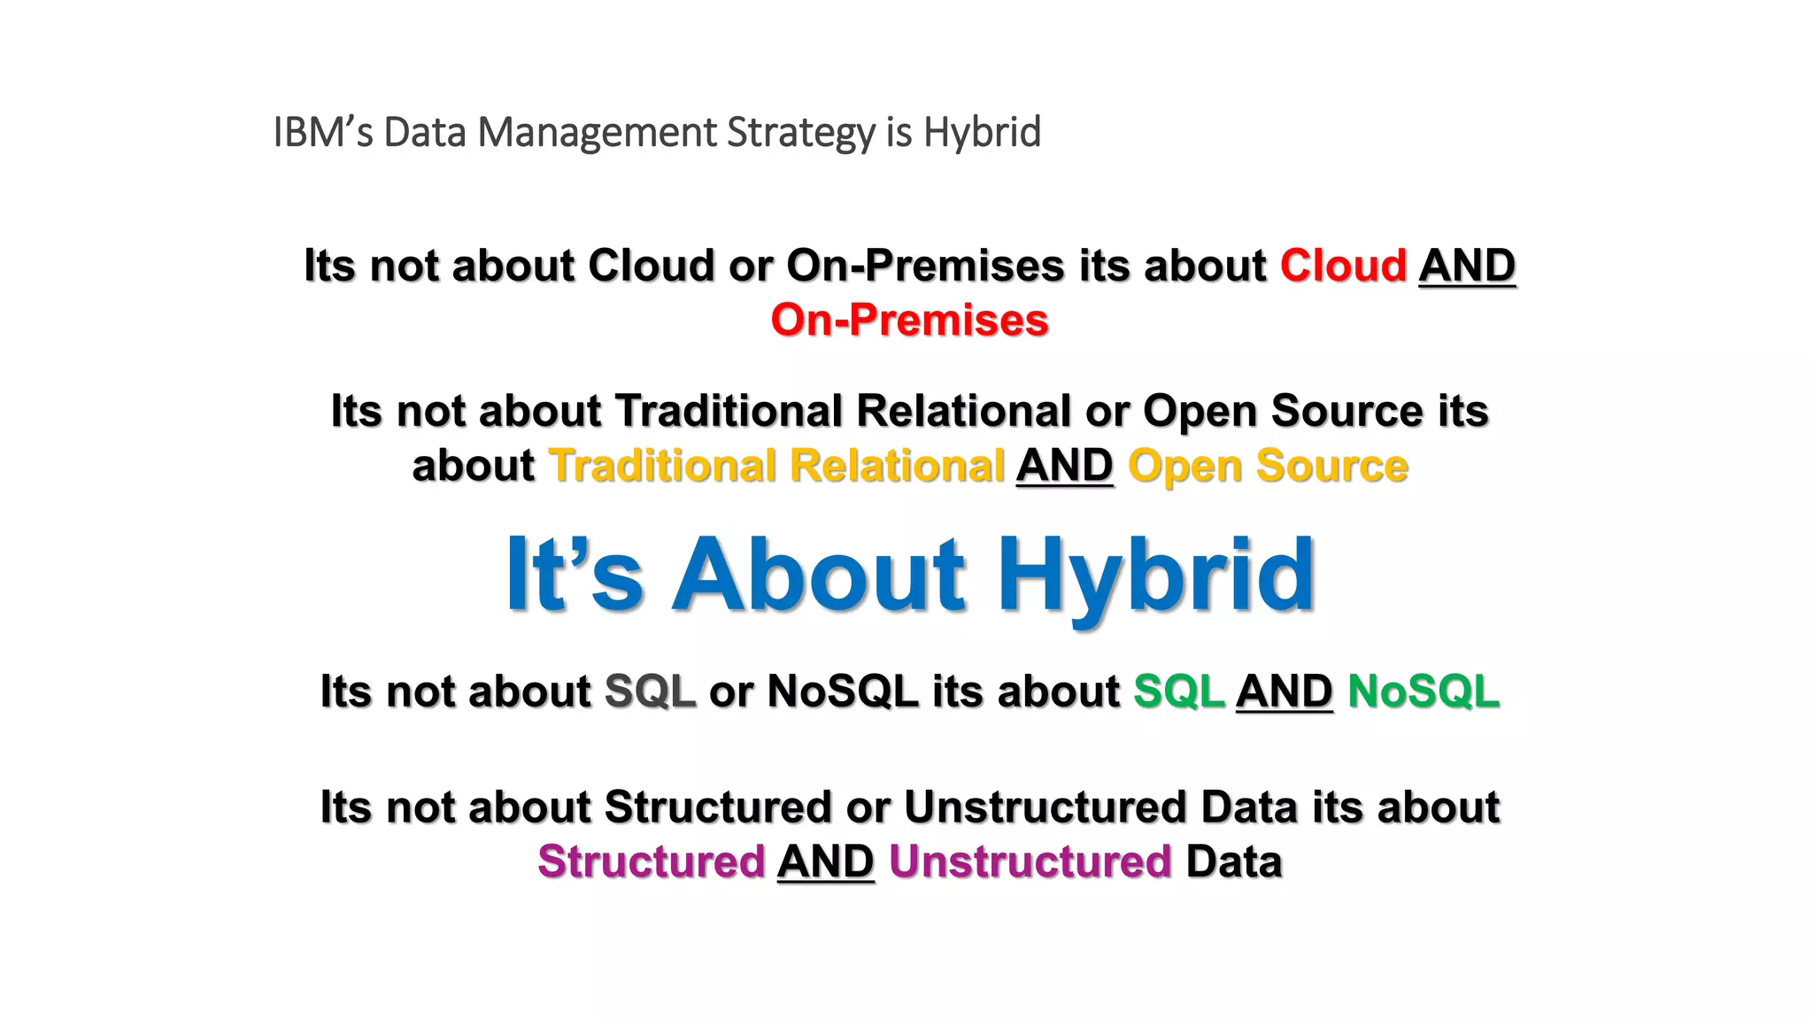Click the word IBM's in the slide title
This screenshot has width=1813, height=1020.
point(323,133)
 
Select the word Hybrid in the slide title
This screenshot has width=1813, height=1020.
point(982,133)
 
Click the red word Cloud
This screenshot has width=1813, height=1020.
point(1343,266)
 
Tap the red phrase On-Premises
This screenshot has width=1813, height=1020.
point(909,321)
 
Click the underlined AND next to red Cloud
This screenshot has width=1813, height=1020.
point(1467,266)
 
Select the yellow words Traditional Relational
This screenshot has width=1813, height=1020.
point(777,467)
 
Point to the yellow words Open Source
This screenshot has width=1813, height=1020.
point(1268,467)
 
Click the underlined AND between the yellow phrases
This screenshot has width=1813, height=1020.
point(1064,467)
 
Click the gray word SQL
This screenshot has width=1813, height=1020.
point(650,692)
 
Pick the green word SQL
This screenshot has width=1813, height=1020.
point(1178,692)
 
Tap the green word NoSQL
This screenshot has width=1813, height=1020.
point(1423,692)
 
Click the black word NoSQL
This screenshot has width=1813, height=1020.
point(843,692)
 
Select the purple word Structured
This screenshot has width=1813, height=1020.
point(651,862)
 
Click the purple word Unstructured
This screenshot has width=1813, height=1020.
point(1030,862)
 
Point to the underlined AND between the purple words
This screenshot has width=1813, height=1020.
point(825,862)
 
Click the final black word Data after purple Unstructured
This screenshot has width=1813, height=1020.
point(1233,862)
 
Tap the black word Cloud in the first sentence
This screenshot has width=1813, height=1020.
point(651,266)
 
